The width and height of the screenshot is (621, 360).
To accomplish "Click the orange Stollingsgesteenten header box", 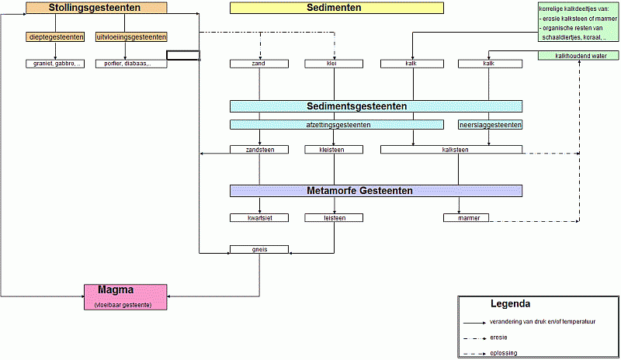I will coord(95,8).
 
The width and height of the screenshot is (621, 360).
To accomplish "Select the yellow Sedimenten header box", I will coord(336,8).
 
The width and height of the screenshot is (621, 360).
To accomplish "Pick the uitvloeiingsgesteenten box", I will coord(131,36).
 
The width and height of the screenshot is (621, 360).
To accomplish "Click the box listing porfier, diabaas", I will coord(131,64).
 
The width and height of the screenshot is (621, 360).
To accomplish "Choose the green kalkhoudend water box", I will coord(578,56).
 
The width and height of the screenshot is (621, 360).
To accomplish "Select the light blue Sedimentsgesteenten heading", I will coord(376,106).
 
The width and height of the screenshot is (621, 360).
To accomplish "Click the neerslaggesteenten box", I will coord(489,124).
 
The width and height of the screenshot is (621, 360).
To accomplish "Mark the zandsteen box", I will coord(259,150).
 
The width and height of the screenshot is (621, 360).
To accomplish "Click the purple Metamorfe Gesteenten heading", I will coord(376,191).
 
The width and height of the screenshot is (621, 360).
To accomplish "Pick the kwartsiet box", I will coord(259,218).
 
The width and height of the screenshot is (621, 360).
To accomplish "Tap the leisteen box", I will coord(335,218).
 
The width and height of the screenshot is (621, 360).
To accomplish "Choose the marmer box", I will coord(467,218).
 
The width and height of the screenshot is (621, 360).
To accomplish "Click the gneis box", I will coord(259,249).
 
